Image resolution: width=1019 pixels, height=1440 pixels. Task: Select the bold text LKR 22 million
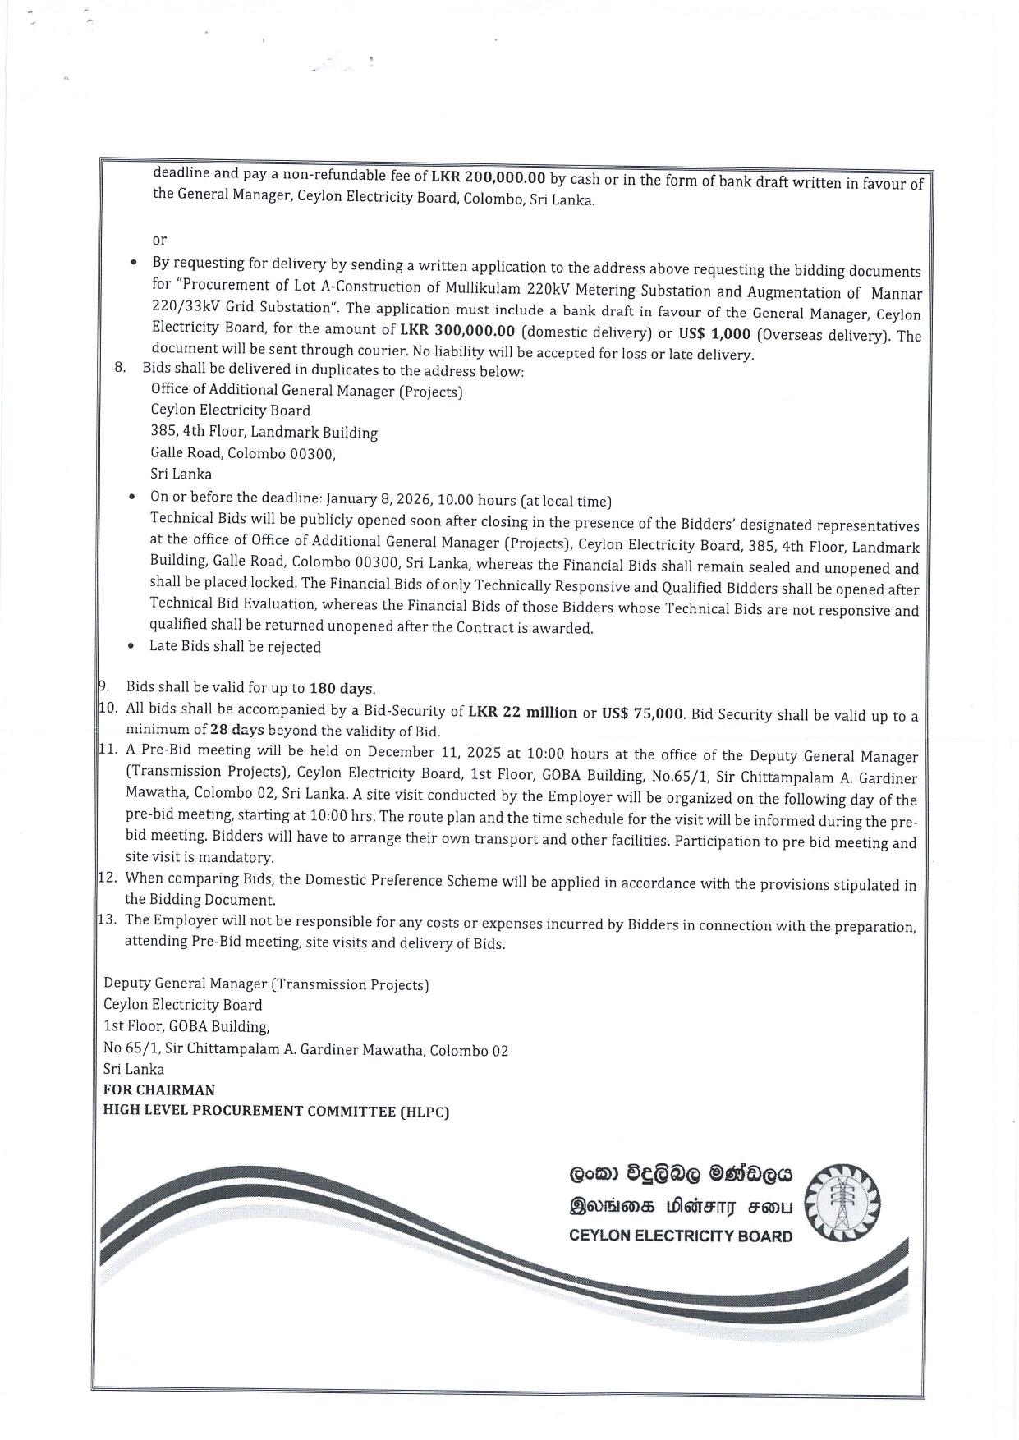click(522, 712)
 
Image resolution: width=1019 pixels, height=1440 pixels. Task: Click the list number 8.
click(120, 367)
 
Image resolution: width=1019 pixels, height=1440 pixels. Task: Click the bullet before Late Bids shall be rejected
click(131, 646)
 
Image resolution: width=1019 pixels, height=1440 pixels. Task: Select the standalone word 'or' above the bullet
click(159, 240)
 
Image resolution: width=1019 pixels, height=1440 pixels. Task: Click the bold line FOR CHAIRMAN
click(159, 1090)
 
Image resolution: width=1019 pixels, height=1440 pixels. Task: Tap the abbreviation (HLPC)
click(425, 1112)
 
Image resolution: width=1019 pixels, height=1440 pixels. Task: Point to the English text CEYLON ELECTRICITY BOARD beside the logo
click(681, 1236)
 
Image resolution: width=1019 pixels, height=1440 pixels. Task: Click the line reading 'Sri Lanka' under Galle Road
click(181, 474)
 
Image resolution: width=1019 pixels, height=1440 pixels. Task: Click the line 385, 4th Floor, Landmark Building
click(264, 432)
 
